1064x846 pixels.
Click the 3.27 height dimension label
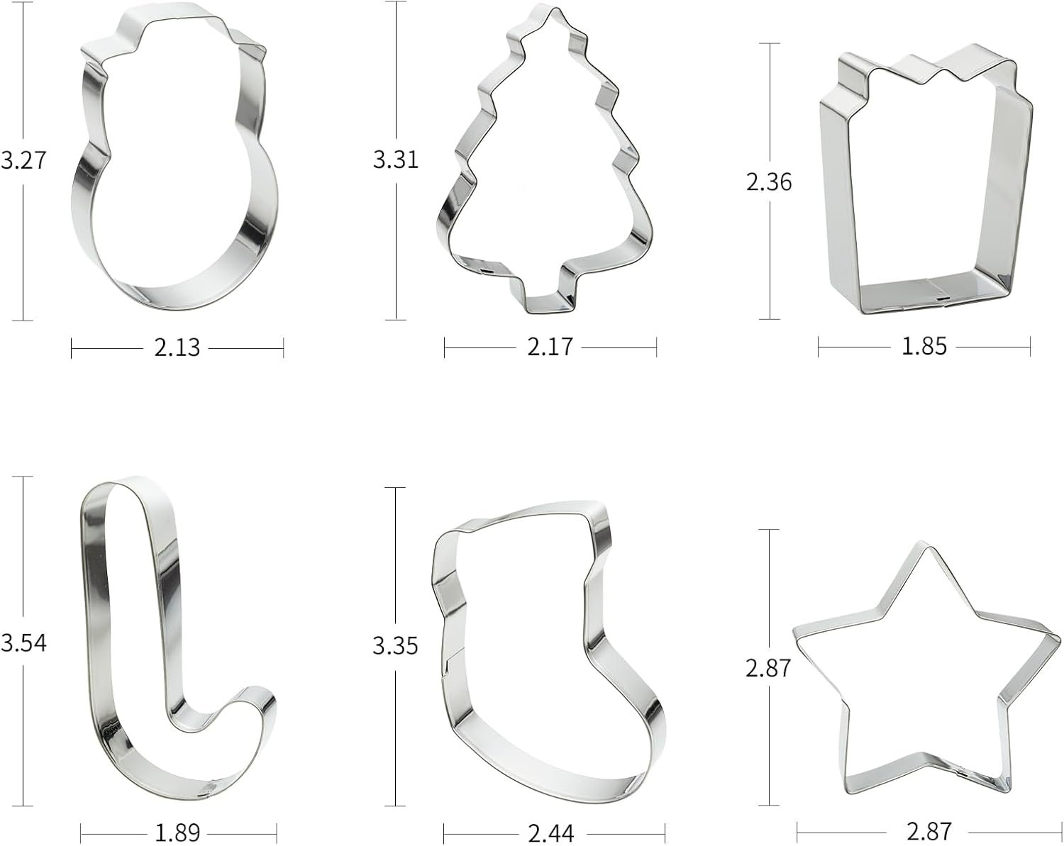coord(23,160)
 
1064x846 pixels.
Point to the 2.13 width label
coord(177,347)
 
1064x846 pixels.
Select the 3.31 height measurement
coord(396,160)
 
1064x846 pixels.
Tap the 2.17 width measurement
coord(550,347)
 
